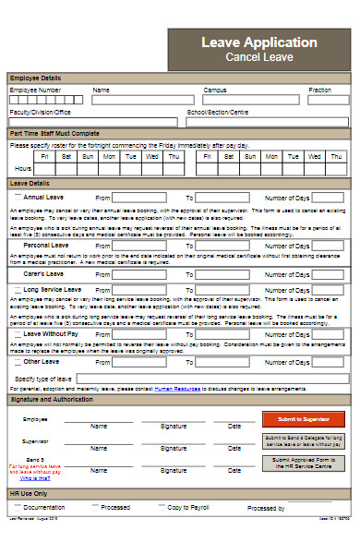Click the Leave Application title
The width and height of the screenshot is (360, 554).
click(x=258, y=42)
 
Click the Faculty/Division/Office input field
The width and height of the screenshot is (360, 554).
click(x=93, y=122)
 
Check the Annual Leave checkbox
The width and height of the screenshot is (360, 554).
click(x=16, y=198)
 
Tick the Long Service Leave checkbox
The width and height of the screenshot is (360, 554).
click(x=16, y=290)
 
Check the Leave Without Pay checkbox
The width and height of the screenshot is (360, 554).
click(x=16, y=333)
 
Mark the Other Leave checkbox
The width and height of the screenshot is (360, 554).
click(x=16, y=363)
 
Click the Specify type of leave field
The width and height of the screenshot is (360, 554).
click(x=212, y=379)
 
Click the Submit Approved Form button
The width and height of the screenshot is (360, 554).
click(x=304, y=463)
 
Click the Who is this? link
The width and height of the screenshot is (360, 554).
click(x=35, y=478)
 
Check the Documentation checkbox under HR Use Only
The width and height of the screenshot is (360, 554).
click(x=16, y=508)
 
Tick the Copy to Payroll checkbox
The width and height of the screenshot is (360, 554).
click(x=160, y=508)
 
